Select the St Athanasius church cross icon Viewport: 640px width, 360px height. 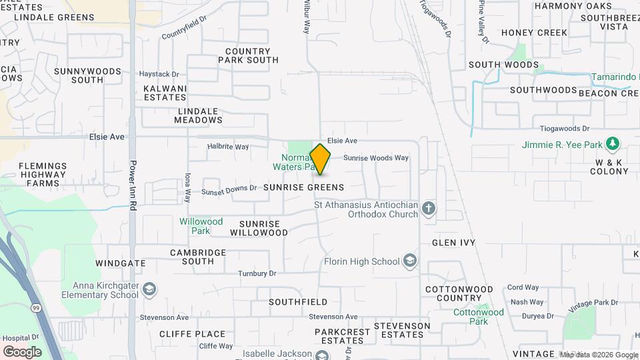click(x=429, y=209)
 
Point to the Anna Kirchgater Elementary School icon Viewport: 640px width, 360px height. click(x=150, y=289)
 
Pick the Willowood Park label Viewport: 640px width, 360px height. click(x=201, y=226)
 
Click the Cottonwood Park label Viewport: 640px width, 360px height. click(x=479, y=312)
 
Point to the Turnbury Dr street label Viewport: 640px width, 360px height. click(x=257, y=273)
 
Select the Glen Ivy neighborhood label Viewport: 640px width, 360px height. click(x=453, y=243)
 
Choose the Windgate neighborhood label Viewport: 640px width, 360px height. click(x=120, y=263)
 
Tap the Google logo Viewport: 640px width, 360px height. click(x=22, y=351)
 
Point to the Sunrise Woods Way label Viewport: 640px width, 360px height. click(x=375, y=158)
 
